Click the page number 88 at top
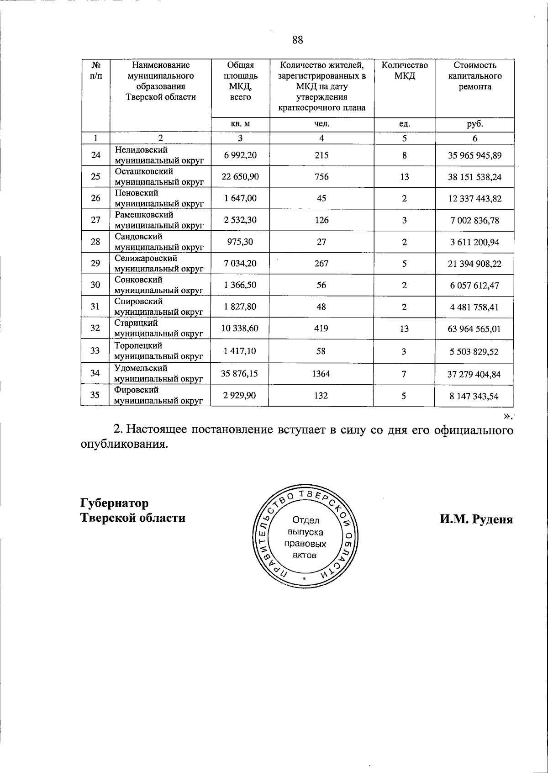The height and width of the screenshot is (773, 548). coord(297,40)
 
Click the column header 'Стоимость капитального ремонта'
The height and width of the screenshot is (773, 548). coord(474,76)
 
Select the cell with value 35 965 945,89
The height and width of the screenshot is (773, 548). coord(474,156)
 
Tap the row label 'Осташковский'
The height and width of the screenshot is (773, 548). coord(144,172)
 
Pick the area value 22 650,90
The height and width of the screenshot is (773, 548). coord(240,177)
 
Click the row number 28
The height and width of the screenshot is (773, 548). coord(95,242)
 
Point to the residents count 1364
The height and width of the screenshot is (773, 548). coord(321,374)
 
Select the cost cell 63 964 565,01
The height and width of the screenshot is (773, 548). coord(474,329)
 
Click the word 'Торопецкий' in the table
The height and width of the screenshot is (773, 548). coord(138,346)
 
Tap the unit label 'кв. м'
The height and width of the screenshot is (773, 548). coord(240,124)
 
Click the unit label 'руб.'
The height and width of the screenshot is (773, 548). coord(474,124)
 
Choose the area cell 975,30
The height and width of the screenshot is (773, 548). coord(240,242)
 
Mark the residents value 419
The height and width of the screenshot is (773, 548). coord(321,328)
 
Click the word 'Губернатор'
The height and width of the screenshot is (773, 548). coord(115,503)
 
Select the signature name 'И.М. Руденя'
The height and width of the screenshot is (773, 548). coord(476,519)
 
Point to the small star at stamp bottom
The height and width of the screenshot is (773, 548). coord(303,580)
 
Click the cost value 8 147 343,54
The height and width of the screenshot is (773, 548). coord(474,396)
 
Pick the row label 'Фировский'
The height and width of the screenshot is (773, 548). coord(137,390)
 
